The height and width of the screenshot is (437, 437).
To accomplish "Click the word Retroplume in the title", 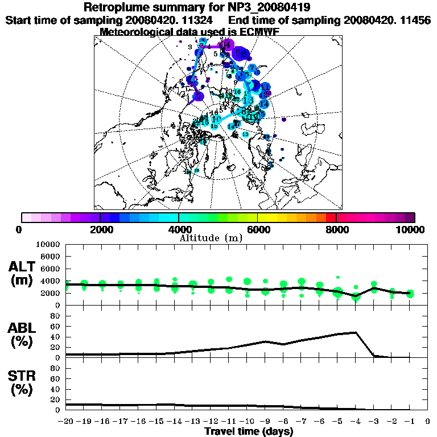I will pyautogui.click(x=117, y=7).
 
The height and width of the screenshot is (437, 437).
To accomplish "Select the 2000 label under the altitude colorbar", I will pyautogui.click(x=100, y=230).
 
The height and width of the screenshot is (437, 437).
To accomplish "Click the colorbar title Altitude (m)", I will pyautogui.click(x=211, y=237).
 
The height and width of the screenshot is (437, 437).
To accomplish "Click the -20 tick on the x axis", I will pyautogui.click(x=67, y=422).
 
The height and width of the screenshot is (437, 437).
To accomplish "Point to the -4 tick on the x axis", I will pyautogui.click(x=356, y=422).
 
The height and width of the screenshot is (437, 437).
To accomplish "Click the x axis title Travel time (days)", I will pyautogui.click(x=249, y=432).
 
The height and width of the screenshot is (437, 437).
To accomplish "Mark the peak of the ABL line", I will pyautogui.click(x=356, y=332).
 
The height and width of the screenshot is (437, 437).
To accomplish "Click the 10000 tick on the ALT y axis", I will pyautogui.click(x=47, y=244).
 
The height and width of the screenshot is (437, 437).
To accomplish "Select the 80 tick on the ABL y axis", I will pyautogui.click(x=56, y=316).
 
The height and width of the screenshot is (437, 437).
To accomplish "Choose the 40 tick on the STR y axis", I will pyautogui.click(x=56, y=389).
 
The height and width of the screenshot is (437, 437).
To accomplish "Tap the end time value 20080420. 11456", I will pyautogui.click(x=387, y=20).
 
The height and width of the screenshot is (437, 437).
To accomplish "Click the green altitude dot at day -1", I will pyautogui.click(x=410, y=294).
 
